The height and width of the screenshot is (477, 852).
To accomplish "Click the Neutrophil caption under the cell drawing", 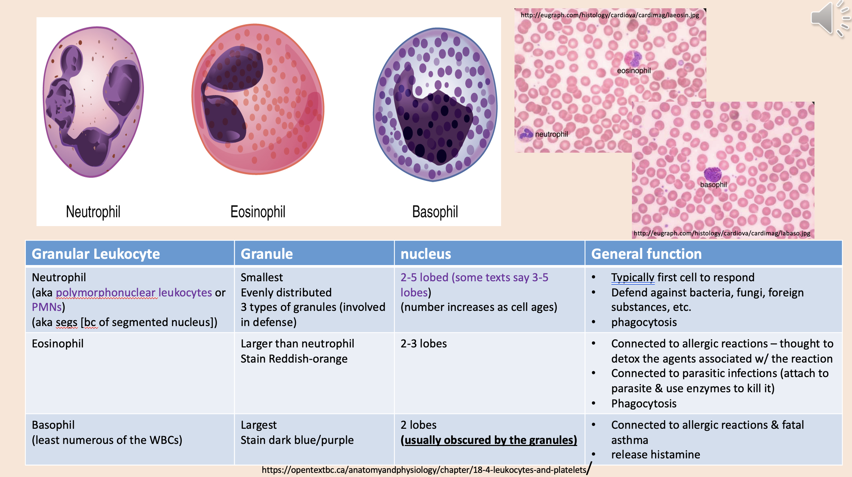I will [x=93, y=212].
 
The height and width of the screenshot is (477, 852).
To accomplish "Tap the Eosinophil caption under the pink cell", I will [x=258, y=212].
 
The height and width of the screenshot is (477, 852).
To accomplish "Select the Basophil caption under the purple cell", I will [x=435, y=212].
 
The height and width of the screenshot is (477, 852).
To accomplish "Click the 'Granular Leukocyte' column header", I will [x=96, y=254].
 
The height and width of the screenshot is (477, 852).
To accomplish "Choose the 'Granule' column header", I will [x=267, y=254].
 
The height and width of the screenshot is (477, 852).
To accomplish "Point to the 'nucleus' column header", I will [x=426, y=254].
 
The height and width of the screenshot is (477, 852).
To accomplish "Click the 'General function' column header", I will [x=646, y=254].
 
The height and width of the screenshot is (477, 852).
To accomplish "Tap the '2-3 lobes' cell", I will [x=424, y=344].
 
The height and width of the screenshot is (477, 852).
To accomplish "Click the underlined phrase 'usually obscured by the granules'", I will [x=489, y=440].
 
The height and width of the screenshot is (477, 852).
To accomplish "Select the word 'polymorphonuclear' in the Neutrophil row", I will [x=105, y=293].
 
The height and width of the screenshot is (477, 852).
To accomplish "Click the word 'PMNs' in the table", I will [x=47, y=307].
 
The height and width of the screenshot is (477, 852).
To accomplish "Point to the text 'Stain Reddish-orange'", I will [x=294, y=359].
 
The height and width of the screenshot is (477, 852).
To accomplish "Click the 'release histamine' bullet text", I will [x=655, y=455].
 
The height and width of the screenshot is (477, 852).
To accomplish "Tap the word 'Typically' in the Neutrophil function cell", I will [x=632, y=277].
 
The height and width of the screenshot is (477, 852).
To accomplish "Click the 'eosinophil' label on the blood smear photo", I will [x=634, y=71].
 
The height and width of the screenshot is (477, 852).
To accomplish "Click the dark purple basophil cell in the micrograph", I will [x=713, y=174].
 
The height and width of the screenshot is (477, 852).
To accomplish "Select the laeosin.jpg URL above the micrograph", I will [x=610, y=15].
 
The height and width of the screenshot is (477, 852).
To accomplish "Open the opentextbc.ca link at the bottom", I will [x=424, y=470].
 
